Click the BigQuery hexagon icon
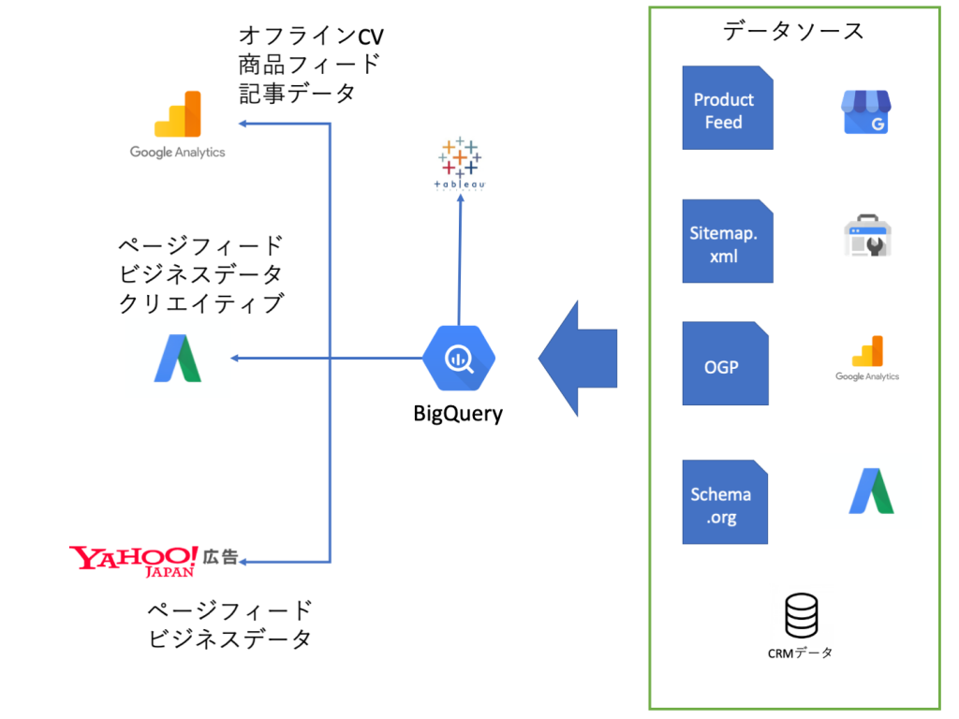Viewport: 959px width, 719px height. click(x=459, y=358)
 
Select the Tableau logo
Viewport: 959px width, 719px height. click(x=459, y=164)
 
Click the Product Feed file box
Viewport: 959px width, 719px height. click(x=727, y=109)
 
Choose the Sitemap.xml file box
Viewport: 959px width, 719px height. click(x=727, y=242)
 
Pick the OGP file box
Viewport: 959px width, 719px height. click(x=725, y=364)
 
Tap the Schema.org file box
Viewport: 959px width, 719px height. click(x=724, y=503)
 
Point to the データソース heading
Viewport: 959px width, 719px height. click(x=794, y=31)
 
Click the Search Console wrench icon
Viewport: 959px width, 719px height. click(x=867, y=237)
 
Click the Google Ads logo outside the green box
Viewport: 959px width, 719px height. click(x=178, y=359)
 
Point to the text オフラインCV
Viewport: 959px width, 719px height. click(x=312, y=37)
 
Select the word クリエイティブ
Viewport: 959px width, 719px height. click(x=201, y=303)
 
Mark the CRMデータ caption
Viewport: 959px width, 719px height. click(x=800, y=653)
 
